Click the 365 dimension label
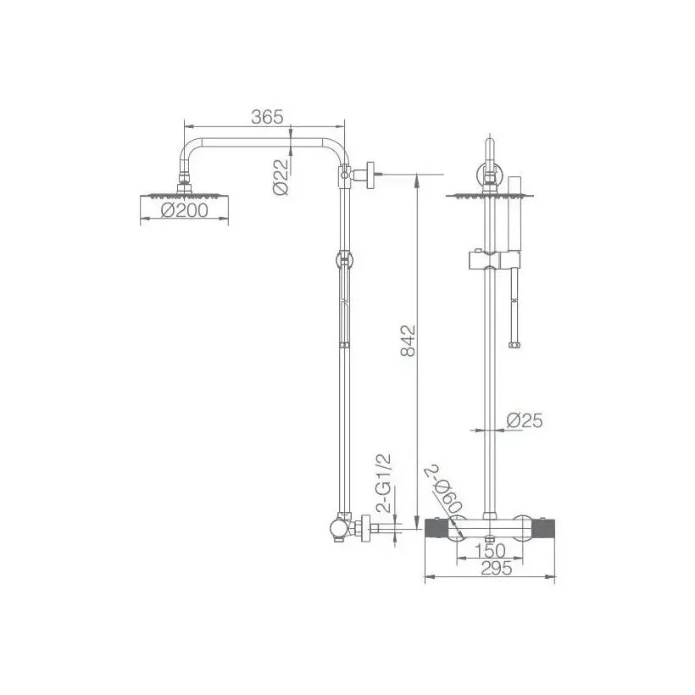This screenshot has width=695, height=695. (267, 117)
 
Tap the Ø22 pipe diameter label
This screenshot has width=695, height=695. (281, 177)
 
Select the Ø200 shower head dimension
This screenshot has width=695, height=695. (185, 210)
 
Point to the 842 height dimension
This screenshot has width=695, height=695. (409, 341)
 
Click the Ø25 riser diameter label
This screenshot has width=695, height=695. (525, 420)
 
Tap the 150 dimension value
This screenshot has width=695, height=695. (490, 551)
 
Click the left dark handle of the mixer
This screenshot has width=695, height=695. (436, 529)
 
